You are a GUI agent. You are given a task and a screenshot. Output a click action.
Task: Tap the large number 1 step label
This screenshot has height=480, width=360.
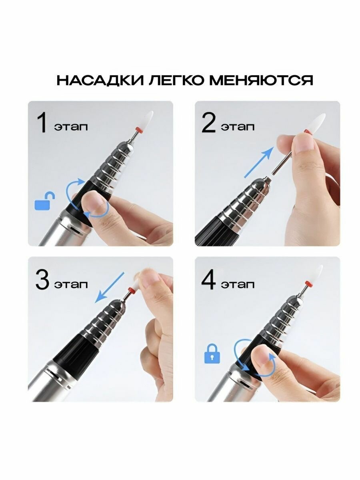[x=42, y=123]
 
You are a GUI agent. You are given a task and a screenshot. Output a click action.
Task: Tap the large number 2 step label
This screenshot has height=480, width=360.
[x=208, y=123]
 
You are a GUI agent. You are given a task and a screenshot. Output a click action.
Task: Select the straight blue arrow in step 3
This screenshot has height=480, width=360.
[x=110, y=287]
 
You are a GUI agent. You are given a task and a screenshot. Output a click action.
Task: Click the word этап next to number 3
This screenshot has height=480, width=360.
[x=71, y=285]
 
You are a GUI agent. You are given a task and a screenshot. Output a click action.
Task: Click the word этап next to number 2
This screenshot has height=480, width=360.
[x=238, y=127]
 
